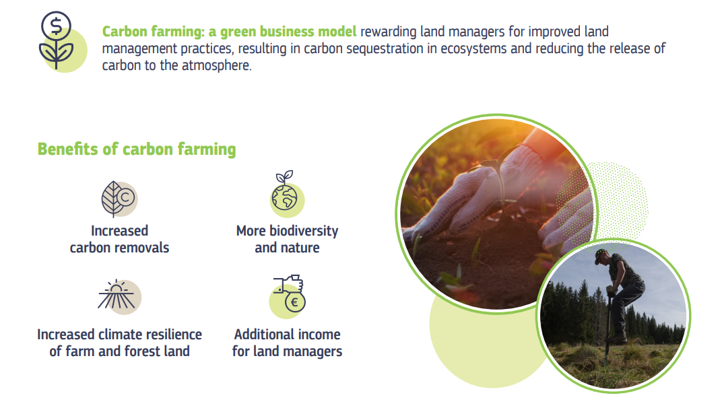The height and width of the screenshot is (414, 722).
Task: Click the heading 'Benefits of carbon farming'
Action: point(137,149)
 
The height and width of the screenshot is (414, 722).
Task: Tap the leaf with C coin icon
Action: point(119,199)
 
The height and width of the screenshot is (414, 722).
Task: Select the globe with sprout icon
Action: point(286,194)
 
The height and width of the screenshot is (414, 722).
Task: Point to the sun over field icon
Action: point(118,296)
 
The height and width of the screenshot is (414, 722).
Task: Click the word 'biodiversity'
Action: point(304,231)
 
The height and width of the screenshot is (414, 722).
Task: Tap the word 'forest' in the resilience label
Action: point(142,351)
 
